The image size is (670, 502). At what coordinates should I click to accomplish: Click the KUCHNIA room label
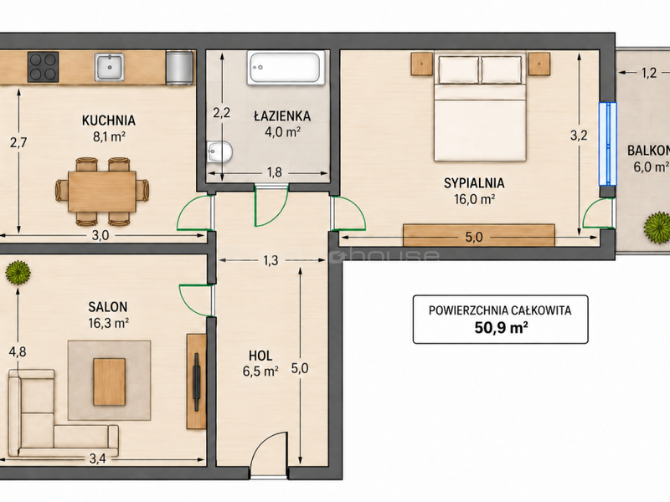tap(109, 120)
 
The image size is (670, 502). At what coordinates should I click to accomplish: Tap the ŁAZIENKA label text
tap(282, 116)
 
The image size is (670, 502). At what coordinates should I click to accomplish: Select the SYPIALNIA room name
tap(474, 183)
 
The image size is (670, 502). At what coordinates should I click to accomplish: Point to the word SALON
tap(108, 307)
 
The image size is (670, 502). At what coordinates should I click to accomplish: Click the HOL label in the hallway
tap(260, 356)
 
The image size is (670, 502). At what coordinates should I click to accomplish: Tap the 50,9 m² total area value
tap(501, 328)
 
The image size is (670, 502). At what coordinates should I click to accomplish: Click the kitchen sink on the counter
tap(110, 67)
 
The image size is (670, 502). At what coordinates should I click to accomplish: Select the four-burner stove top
tap(44, 67)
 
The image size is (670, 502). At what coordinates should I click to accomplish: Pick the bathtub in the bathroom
tap(283, 68)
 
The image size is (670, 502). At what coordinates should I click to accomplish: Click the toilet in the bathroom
tap(219, 152)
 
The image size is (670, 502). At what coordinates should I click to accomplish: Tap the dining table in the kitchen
tap(102, 192)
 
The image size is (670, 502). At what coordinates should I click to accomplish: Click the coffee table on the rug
tap(110, 382)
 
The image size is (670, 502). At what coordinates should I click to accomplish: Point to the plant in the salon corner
tap(18, 273)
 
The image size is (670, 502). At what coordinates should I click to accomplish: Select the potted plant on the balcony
tap(657, 228)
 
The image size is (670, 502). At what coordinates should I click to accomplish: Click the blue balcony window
tap(608, 144)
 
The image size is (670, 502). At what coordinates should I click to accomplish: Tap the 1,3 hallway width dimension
tap(271, 260)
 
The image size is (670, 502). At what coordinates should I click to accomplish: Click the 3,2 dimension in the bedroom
tap(579, 136)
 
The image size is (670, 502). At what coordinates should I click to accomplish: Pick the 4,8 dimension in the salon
tap(18, 351)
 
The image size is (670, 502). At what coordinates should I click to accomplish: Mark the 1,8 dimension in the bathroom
tap(275, 172)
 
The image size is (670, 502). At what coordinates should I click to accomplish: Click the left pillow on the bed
tap(458, 70)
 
